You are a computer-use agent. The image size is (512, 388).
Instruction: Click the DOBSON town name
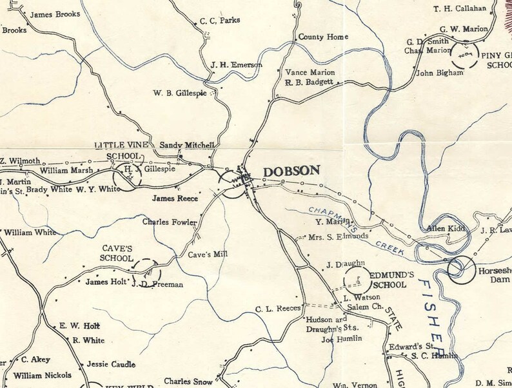coord(291,171)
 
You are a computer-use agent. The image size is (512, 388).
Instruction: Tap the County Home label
coord(323,37)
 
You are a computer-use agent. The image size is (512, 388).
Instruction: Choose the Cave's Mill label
coord(208,255)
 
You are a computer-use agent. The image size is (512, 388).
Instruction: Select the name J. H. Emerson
coord(236,65)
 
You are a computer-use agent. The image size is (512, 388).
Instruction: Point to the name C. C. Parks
coord(220,21)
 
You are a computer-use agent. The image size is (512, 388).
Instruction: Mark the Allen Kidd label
coord(446,228)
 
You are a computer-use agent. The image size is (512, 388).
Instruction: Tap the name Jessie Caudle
coord(110,364)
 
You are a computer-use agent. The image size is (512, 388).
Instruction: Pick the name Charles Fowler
coord(169,222)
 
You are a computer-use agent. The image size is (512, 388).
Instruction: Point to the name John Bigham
coord(440,73)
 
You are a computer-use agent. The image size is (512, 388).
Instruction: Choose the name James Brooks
coord(55,14)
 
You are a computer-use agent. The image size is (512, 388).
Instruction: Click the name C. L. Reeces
coord(278,309)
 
